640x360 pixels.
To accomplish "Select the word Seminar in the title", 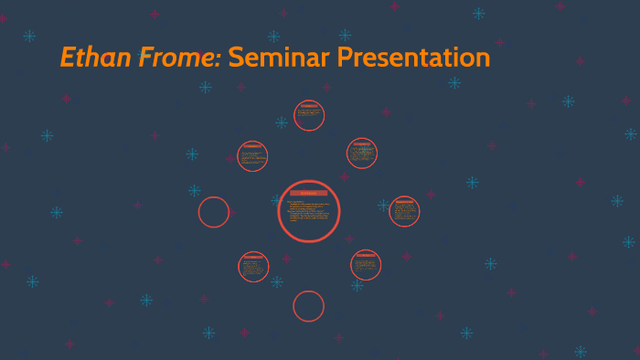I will [x=279, y=58].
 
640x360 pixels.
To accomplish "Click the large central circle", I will [x=309, y=211].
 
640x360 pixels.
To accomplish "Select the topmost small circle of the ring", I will [x=309, y=115].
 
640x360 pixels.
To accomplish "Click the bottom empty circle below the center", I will [x=309, y=306].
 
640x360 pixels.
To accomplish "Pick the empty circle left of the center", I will [x=214, y=212].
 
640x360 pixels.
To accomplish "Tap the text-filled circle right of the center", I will [x=404, y=211].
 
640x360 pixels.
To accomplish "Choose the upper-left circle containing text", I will [x=252, y=156].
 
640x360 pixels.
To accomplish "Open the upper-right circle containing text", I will [x=362, y=154].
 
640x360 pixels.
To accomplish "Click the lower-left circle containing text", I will [x=253, y=267].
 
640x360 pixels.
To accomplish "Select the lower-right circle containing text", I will [x=366, y=265].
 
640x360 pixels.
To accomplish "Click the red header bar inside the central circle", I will [x=309, y=193].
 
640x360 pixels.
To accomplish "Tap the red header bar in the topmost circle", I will [x=309, y=106].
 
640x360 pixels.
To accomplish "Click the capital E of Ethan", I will [x=69, y=58].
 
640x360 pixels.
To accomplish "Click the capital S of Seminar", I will [x=236, y=58].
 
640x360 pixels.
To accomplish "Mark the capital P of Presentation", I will [x=347, y=58].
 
